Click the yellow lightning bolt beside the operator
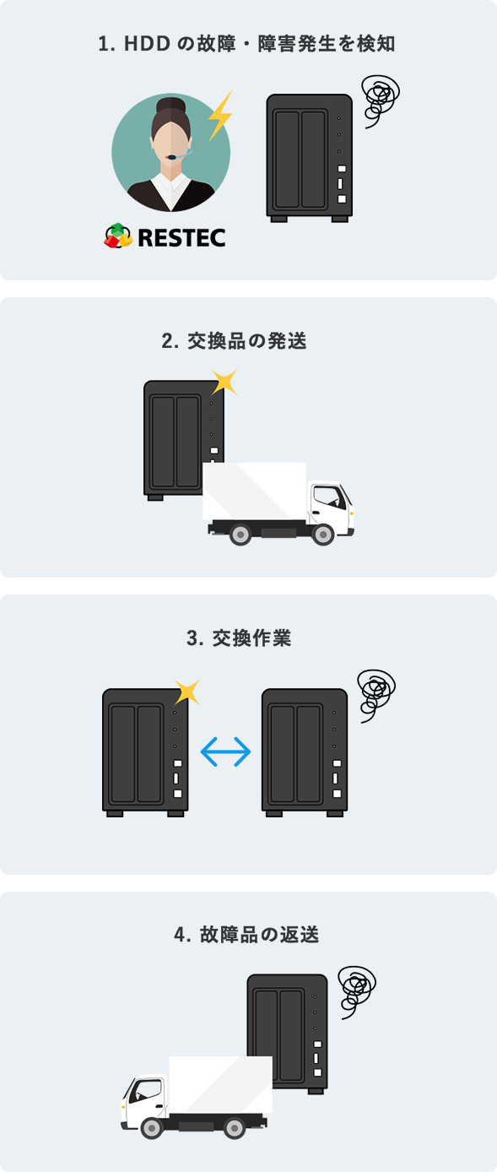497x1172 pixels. pos(220,117)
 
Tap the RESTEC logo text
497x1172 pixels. pos(182,237)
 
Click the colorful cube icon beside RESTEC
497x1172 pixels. pos(118,236)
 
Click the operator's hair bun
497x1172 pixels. pos(171,104)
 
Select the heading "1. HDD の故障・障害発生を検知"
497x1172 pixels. pos(246,43)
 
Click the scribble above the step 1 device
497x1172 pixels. pos(381,100)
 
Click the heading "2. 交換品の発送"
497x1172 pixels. pos(234,340)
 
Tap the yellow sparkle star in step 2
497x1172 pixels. pos(224,382)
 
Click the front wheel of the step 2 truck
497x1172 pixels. pos(322,534)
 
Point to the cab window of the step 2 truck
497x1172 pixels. pos(329,496)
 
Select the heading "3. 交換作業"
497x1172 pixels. pos(239,638)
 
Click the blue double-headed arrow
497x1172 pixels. pos(226,751)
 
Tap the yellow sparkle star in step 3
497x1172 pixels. pos(187,692)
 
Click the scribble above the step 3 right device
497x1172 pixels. pos(375,695)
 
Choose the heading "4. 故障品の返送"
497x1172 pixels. pos(246,935)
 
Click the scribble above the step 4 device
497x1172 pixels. pos(357,992)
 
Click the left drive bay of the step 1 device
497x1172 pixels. pos(287,159)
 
